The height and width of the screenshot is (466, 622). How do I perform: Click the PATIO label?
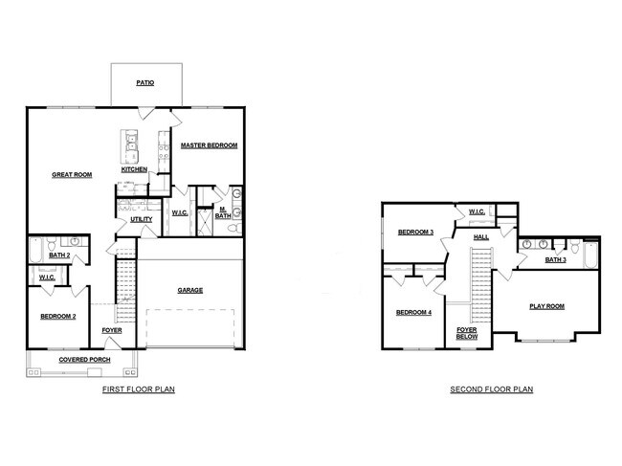point(145,83)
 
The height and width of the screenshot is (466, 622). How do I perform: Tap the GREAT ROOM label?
point(72,175)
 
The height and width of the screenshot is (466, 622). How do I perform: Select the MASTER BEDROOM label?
point(210,145)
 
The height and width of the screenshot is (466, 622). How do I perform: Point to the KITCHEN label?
point(134,169)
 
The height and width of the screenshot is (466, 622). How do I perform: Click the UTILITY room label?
point(141,219)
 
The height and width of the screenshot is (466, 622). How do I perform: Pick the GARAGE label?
point(189,290)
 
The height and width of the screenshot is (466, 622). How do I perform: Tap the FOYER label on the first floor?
point(112,330)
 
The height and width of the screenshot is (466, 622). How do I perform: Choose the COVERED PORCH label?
point(84,360)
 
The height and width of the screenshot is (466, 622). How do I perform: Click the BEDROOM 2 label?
point(58,316)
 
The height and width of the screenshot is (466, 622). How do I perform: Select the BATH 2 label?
point(59,255)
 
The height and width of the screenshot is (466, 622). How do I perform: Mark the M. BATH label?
point(221,212)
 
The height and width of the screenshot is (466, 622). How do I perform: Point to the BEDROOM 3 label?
point(416,233)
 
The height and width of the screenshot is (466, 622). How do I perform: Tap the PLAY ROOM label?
point(547,307)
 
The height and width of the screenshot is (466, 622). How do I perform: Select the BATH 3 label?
point(556,259)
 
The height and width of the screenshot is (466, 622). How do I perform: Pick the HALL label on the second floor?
point(480,235)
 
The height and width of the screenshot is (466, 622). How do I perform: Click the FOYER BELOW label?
point(467,333)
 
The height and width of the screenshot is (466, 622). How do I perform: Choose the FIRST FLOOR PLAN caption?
point(138,390)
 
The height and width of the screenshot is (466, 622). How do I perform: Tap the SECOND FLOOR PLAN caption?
point(492,390)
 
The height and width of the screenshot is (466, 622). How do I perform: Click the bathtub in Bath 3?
point(589,256)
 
